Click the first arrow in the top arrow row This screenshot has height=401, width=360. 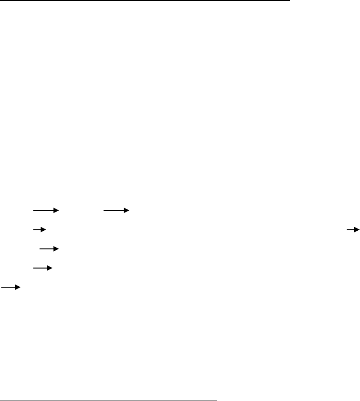45,210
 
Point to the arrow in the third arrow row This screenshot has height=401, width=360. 49,249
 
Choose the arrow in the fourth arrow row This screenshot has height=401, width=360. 43,268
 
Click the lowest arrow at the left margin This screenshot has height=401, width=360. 11,288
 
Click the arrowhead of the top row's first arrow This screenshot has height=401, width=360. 56,210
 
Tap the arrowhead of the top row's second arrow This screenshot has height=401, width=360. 126,210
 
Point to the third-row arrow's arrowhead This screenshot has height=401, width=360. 56,249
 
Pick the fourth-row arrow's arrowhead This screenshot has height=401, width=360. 50,268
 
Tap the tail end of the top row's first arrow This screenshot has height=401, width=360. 33,210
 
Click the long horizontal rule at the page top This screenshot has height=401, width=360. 144,1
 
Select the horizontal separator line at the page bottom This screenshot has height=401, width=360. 109,388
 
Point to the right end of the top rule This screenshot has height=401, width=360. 288,1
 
